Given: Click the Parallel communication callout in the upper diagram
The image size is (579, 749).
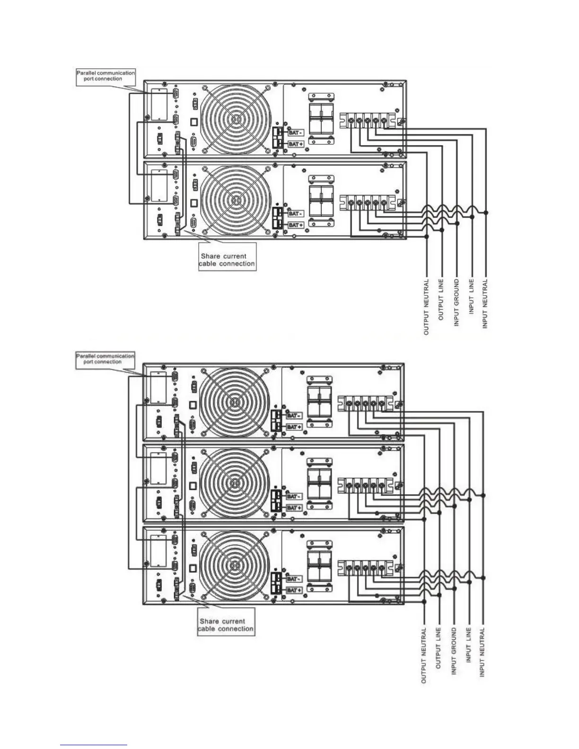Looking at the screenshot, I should coord(106,76).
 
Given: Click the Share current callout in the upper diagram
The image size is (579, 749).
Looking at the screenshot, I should coord(227,260).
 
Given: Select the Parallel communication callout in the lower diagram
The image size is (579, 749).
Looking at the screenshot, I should coord(105,359).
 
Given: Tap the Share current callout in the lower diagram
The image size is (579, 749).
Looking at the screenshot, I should coord(226,625).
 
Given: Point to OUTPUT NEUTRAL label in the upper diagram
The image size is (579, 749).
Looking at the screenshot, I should coord(427,307).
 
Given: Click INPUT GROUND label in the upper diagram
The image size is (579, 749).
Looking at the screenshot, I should coord(456,303).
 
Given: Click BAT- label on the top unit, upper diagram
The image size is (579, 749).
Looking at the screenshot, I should coord(295,133).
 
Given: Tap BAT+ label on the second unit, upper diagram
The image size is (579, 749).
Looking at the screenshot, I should coord(295,225).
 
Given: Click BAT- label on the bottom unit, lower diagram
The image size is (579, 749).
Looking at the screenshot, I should coord(294,579).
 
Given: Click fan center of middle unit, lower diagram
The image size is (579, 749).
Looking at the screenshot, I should coord(233,483).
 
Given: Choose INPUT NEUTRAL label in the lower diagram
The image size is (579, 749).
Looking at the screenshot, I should coord(482,652).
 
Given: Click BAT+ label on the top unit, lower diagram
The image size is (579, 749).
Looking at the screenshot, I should coord(294,427).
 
